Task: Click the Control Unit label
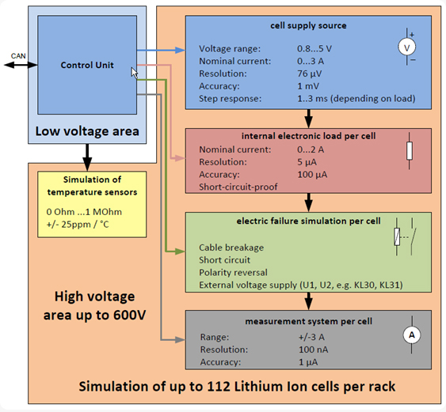87,65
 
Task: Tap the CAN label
18,56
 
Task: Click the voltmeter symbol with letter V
407,47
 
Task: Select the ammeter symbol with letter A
412,335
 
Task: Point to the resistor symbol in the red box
410,151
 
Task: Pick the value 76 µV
309,74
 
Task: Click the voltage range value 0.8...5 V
314,49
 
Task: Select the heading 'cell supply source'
308,25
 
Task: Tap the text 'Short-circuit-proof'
238,187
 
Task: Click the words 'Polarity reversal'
233,273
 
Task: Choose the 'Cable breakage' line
231,248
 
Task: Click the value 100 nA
313,350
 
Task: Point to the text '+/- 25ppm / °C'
78,225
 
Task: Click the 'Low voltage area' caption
87,131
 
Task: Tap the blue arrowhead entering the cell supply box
180,51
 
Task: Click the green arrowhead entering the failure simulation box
180,251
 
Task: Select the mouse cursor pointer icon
134,73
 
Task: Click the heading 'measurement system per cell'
309,321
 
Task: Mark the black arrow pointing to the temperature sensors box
87,157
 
